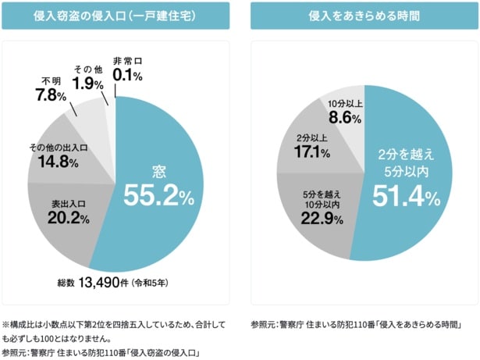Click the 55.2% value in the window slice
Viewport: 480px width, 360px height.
click(159, 196)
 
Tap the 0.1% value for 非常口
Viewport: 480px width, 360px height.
click(127, 76)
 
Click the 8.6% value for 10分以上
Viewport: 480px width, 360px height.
click(344, 118)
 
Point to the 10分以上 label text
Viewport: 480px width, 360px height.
click(344, 103)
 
